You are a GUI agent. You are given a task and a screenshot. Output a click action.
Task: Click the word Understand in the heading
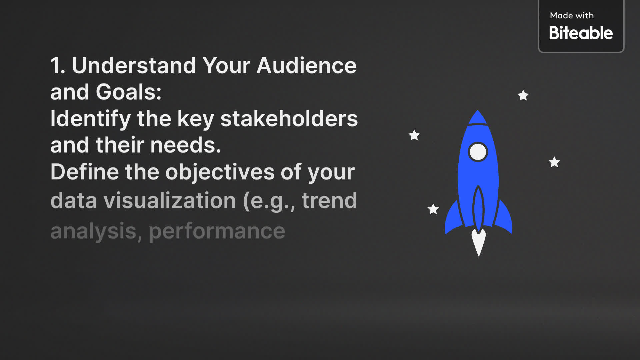pos(134,65)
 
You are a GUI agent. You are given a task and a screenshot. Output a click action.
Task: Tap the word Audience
pos(306,65)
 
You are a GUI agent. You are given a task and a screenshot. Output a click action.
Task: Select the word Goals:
pos(129,92)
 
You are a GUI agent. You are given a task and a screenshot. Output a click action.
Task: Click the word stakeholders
pos(289,119)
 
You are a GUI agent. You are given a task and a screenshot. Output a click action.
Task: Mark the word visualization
pos(170,201)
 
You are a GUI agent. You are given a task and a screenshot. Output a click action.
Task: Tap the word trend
pos(329,201)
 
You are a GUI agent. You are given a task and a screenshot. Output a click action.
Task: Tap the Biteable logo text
pos(581,33)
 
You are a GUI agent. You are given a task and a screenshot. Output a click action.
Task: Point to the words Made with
pos(572,15)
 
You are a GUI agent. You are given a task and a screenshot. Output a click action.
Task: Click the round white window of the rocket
pos(478,152)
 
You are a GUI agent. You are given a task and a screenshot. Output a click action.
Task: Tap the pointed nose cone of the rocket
pos(478,117)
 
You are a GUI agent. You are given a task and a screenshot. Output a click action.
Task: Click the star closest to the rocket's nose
pos(523,96)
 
